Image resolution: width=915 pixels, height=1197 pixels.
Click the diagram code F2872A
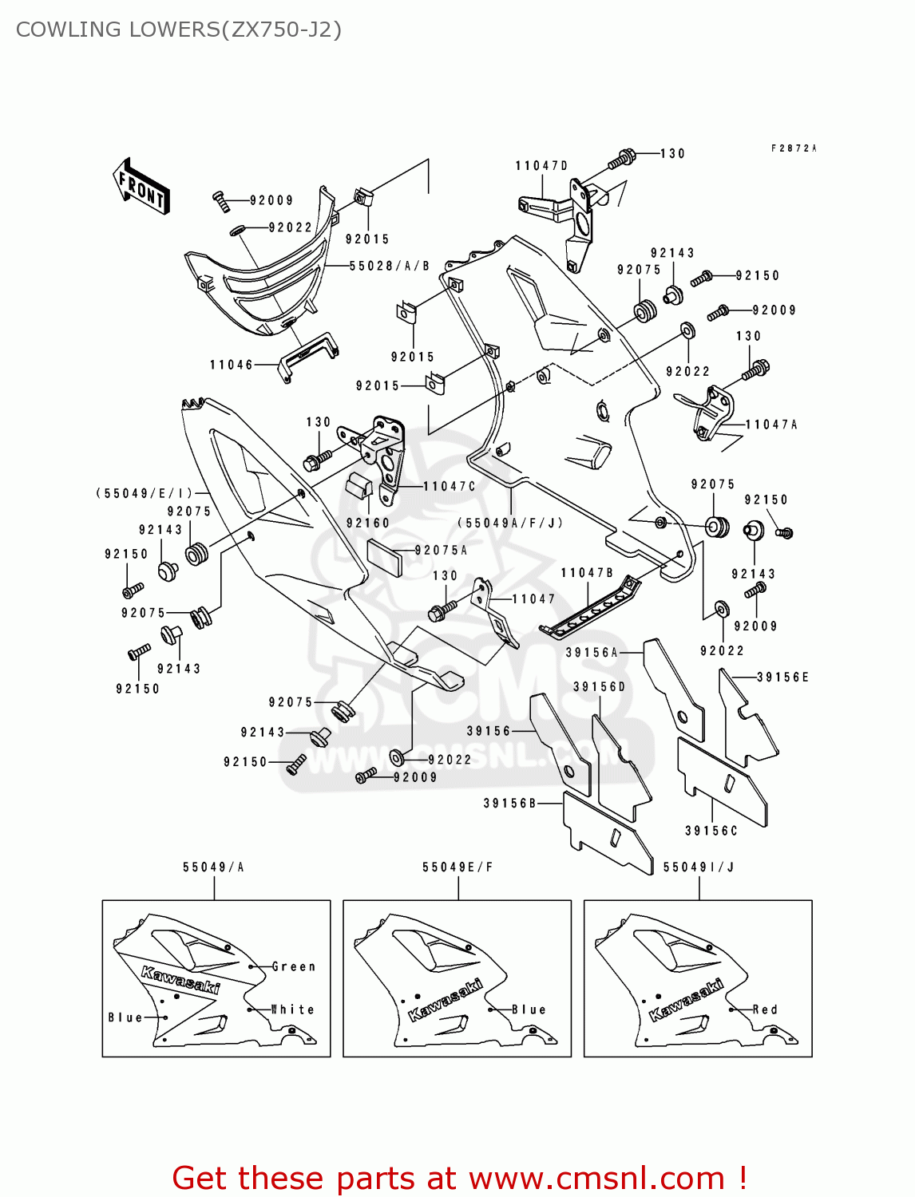[794, 148]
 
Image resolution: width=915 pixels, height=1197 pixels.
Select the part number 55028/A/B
[390, 266]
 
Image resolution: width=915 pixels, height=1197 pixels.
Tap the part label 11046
[231, 365]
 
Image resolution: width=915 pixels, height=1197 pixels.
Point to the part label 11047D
[541, 165]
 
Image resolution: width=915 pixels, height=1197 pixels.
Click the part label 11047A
[771, 425]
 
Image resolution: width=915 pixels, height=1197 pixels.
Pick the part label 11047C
[449, 486]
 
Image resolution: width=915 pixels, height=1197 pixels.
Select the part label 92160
[367, 523]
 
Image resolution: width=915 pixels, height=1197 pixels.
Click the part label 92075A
[441, 550]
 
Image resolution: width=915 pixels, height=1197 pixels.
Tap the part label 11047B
[587, 572]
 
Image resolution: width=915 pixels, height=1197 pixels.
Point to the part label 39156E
[782, 677]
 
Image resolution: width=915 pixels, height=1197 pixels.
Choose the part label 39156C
[711, 831]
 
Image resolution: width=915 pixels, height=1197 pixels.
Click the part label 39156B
[509, 803]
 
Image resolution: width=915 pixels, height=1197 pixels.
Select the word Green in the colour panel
[294, 966]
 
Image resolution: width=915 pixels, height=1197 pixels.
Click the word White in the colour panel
[293, 1009]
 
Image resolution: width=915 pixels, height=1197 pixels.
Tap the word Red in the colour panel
[765, 1009]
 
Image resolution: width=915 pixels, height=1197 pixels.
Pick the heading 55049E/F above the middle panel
[457, 867]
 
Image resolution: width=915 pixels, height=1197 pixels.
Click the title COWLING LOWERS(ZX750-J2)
[179, 30]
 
